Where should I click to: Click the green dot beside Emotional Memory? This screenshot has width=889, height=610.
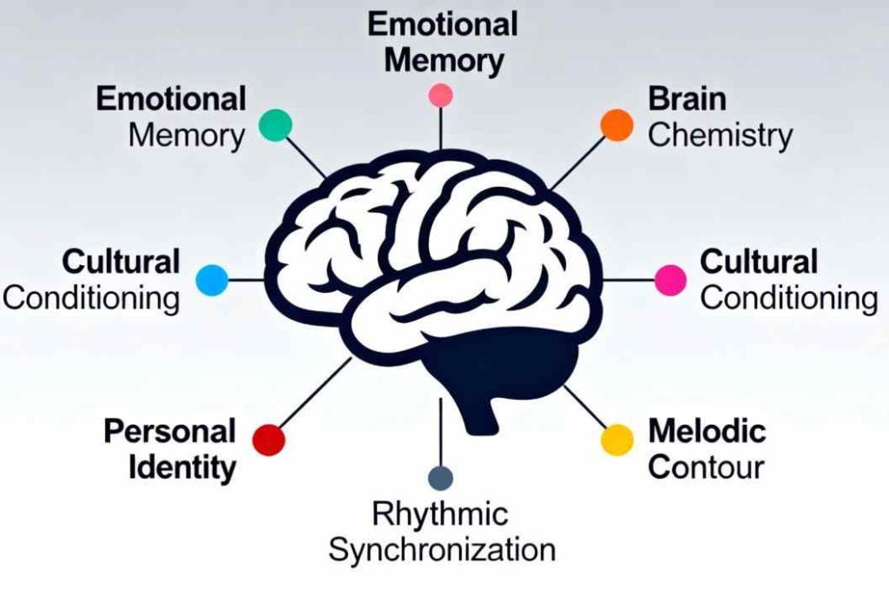(x=276, y=124)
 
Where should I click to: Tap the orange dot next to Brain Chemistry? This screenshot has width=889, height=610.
(x=617, y=124)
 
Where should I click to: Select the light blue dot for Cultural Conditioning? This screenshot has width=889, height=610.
(x=212, y=280)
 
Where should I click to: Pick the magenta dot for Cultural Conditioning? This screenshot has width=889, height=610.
(x=670, y=280)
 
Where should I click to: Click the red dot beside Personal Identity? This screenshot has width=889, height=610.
(x=268, y=440)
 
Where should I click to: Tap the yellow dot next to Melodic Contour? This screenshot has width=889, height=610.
(x=617, y=440)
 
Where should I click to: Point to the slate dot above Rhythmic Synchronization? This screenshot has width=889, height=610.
(x=441, y=478)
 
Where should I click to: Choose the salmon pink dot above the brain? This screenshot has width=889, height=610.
(x=441, y=95)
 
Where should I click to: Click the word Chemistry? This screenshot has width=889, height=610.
(x=720, y=136)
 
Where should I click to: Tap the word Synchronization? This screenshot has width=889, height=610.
(x=442, y=550)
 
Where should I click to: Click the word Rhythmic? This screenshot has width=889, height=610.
(x=439, y=514)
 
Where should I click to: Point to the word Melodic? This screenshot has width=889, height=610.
(x=707, y=430)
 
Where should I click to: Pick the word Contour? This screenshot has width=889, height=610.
(x=706, y=467)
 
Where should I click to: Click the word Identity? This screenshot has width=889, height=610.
(x=182, y=468)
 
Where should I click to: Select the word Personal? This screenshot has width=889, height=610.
(x=170, y=431)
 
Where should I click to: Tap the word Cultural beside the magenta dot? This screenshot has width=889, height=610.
(x=759, y=262)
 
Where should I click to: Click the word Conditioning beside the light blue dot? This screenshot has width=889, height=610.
(x=91, y=299)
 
